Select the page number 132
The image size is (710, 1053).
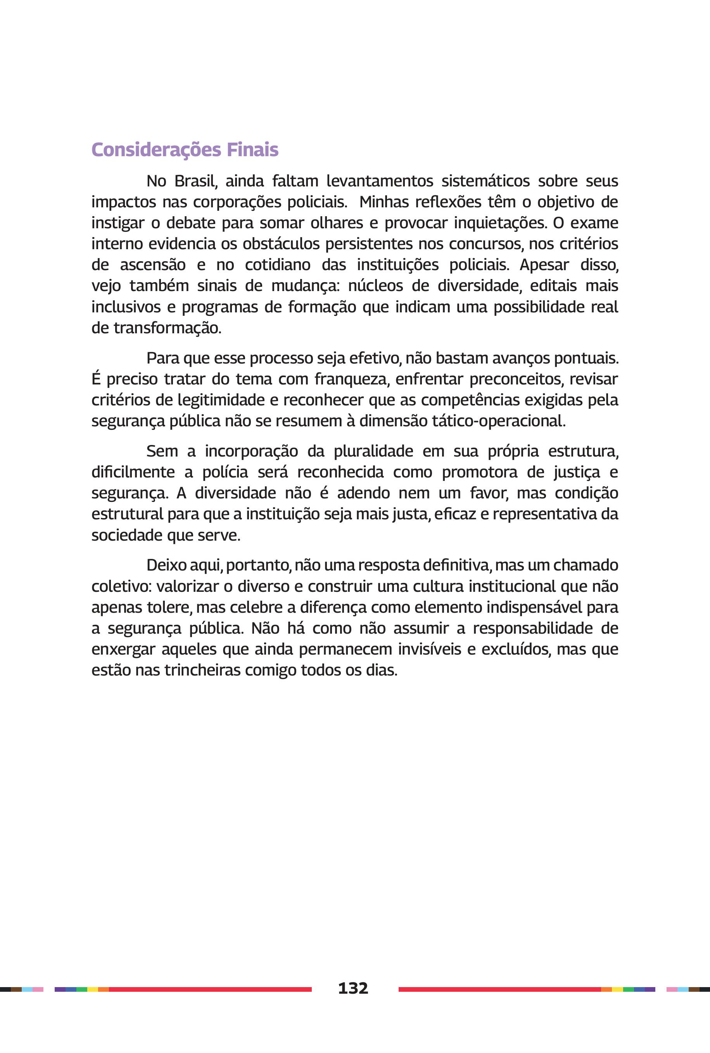point(353,988)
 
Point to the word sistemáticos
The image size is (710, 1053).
point(485,181)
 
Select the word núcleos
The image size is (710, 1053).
point(375,286)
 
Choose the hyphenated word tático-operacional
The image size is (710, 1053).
point(499,421)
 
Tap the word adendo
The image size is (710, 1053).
point(363,493)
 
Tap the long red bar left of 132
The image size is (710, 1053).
point(210,989)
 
